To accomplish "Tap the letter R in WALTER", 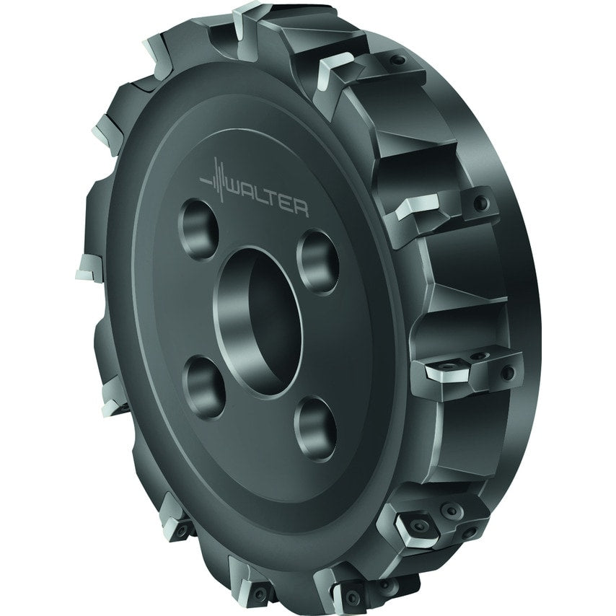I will (300, 209).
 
